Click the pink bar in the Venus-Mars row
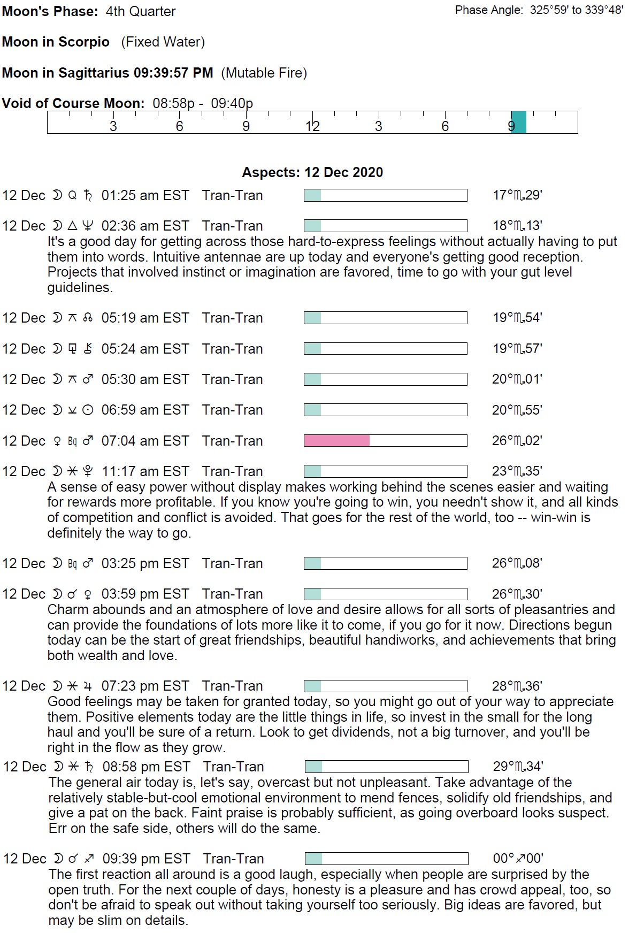click(336, 440)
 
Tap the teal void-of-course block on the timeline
click(519, 122)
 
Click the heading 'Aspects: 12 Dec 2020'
click(312, 172)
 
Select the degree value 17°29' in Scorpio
click(517, 195)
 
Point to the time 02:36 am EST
click(145, 226)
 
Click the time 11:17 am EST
click(145, 471)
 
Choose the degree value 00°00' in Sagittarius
click(518, 859)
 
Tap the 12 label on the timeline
click(312, 126)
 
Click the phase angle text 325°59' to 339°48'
click(577, 10)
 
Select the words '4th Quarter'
click(141, 11)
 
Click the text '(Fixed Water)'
click(163, 42)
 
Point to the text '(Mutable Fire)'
click(264, 73)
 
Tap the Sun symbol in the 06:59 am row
click(88, 410)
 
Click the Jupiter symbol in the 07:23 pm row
click(88, 686)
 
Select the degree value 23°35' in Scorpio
click(517, 471)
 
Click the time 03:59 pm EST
click(145, 594)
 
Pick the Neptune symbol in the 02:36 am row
click(88, 226)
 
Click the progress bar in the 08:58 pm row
click(386, 767)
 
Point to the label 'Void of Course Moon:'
click(73, 103)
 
